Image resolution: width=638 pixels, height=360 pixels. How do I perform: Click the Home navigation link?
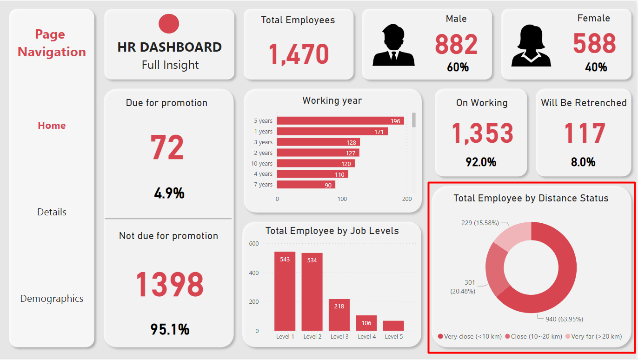pos(52,126)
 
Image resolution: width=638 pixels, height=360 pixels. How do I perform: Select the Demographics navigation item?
pos(52,299)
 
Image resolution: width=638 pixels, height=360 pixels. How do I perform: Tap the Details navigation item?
pos(52,212)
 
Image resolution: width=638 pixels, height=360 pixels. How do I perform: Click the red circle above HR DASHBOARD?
pos(169,24)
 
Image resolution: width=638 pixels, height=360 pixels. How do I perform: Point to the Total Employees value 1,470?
pos(299,54)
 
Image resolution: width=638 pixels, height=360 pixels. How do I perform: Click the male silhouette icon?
pos(393,45)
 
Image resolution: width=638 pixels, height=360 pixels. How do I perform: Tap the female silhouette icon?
pos(531,45)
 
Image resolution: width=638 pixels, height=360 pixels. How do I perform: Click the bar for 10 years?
pos(316,164)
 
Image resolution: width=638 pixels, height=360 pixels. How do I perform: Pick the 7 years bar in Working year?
pos(306,185)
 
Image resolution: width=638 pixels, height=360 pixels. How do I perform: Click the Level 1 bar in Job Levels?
pos(285,291)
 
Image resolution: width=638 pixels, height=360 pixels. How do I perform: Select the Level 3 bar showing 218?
pos(339,315)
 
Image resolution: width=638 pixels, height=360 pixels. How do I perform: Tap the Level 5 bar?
pos(393,326)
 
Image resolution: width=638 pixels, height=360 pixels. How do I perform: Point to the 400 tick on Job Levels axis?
pos(253,273)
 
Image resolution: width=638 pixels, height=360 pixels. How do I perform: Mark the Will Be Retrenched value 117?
pos(584,134)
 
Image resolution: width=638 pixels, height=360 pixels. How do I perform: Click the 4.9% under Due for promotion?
pos(169,193)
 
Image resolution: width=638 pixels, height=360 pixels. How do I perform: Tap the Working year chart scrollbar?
pos(414,120)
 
